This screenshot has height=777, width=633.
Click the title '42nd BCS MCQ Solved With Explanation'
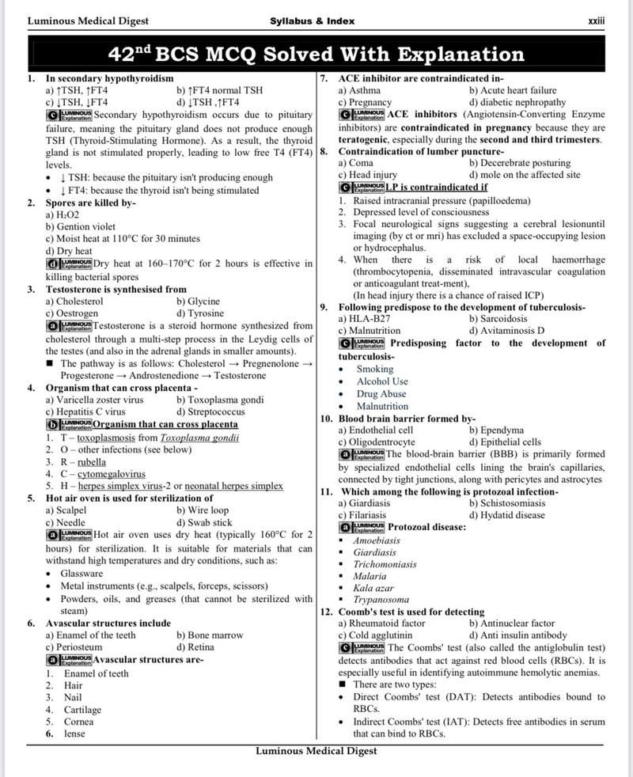tap(316, 55)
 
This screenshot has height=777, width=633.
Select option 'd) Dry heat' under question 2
tap(69, 252)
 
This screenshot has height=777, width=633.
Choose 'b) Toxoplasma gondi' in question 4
tap(220, 400)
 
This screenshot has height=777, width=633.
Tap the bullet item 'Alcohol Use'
tap(382, 381)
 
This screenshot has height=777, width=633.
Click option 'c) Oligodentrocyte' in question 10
tap(377, 442)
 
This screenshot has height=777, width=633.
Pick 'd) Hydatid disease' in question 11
tap(506, 515)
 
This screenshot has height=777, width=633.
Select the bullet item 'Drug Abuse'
tap(381, 394)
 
